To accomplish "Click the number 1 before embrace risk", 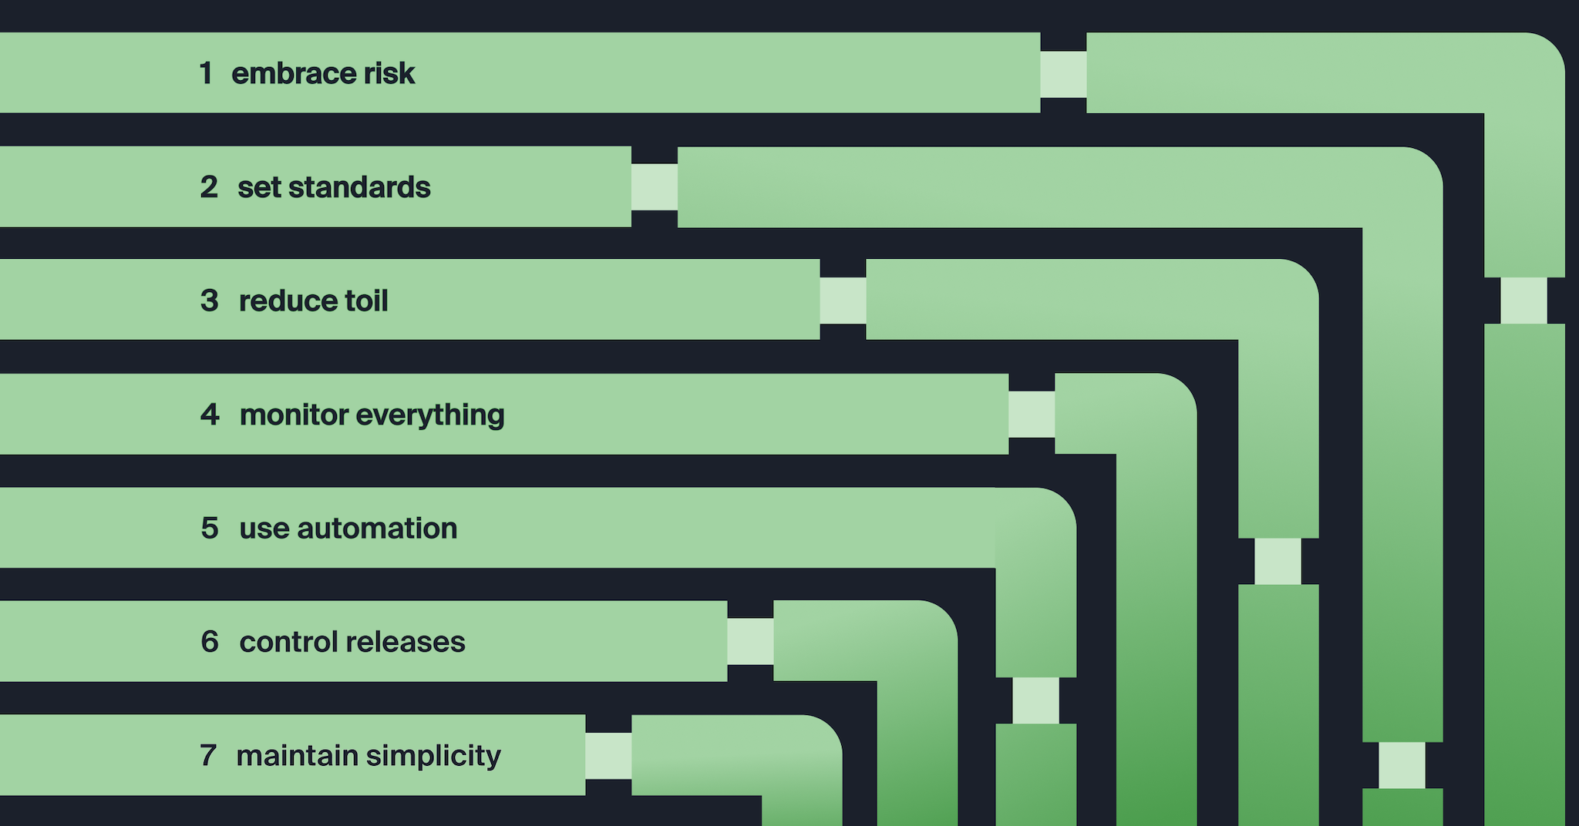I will [205, 73].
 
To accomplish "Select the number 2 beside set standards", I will [209, 187].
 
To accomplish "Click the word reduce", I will [281, 301].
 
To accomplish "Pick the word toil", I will [365, 301].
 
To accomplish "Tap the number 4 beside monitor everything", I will [210, 415].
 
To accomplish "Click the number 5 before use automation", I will [210, 529].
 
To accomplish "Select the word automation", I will [377, 529].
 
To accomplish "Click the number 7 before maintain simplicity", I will [208, 756].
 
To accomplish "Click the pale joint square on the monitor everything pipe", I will [1032, 415].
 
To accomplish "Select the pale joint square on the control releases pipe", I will [750, 641].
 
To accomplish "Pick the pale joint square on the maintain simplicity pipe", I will [608, 755].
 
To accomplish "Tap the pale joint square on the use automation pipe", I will [1035, 700].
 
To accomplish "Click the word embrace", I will [292, 73].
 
